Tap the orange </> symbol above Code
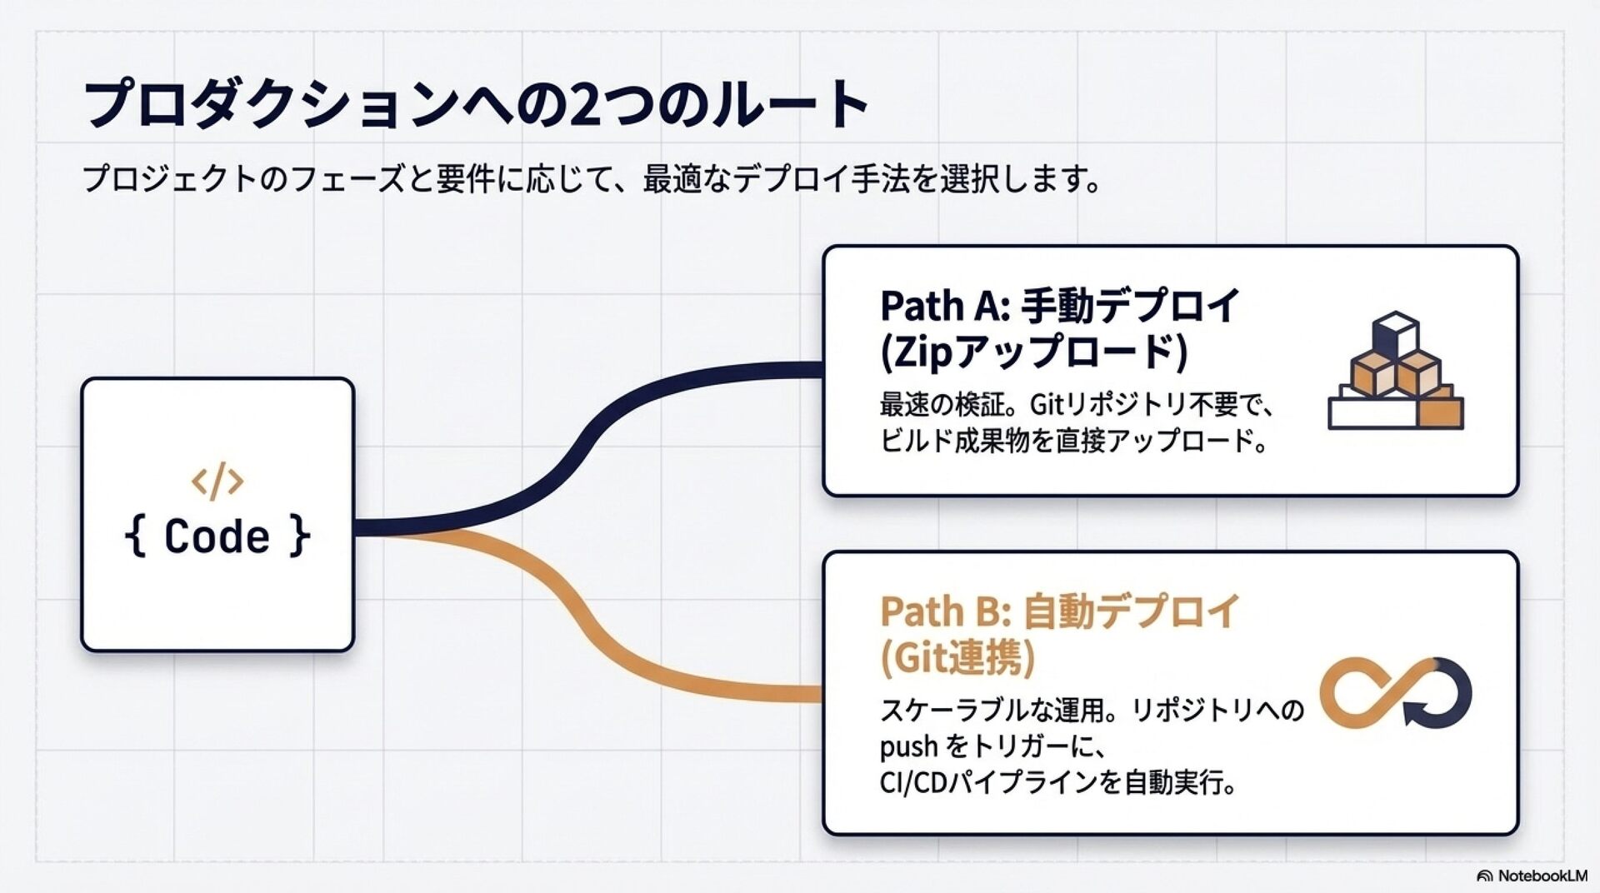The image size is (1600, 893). click(217, 481)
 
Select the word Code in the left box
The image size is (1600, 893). click(217, 536)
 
